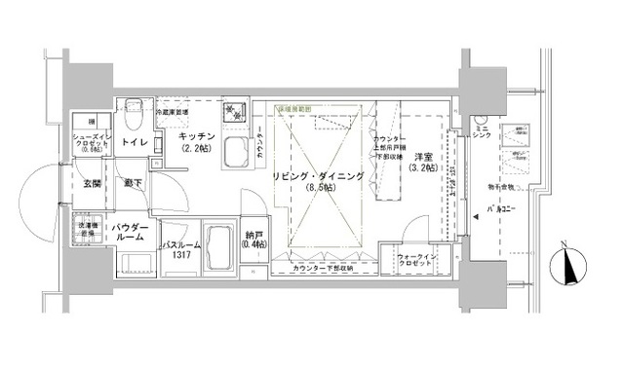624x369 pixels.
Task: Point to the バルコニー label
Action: point(503,208)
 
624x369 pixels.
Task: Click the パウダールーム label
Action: point(131,232)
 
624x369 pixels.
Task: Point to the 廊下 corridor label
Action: point(132,181)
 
